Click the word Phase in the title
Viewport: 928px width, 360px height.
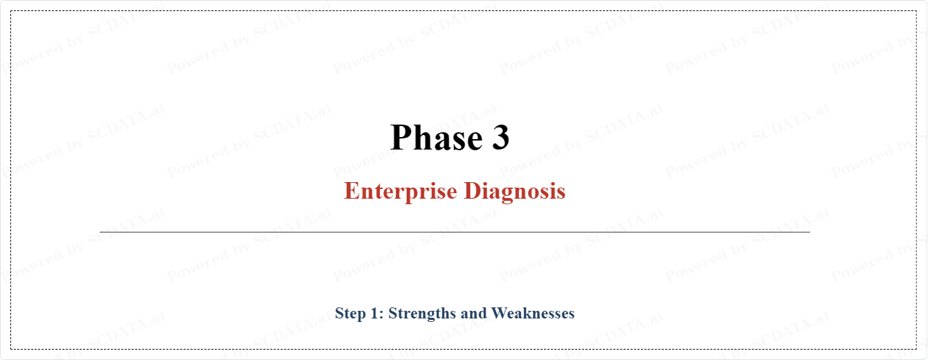click(x=437, y=137)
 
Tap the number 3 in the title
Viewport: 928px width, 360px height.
click(x=500, y=137)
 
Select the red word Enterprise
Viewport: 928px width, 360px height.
click(x=401, y=191)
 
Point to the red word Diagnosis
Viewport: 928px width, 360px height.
click(x=515, y=191)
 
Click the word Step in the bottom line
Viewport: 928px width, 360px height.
click(x=350, y=314)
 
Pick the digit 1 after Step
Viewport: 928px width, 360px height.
click(x=374, y=313)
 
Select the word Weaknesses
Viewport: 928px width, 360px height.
click(x=533, y=313)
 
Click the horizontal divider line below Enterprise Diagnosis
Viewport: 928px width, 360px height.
click(x=455, y=232)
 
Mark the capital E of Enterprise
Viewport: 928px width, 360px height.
click(x=352, y=190)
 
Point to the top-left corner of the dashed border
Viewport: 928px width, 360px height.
click(x=11, y=11)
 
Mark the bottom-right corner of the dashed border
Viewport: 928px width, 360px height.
click(x=916, y=349)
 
